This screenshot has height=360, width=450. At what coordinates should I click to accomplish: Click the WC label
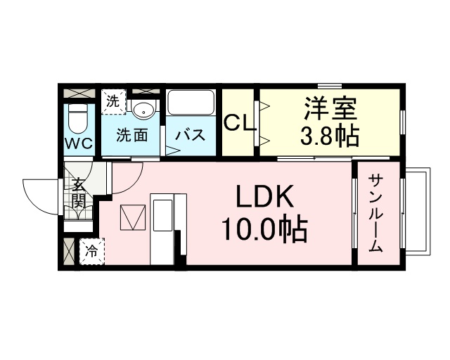79,144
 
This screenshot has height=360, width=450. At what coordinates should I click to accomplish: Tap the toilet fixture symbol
78,119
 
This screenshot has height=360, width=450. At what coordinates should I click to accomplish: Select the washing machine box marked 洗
114,102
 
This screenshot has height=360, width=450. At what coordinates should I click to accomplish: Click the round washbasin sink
143,110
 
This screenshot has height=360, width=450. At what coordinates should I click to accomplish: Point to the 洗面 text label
131,134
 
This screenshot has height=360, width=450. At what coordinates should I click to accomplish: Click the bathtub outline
191,103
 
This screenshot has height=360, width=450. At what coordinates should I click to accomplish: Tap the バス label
191,134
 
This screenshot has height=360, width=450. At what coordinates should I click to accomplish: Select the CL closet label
239,123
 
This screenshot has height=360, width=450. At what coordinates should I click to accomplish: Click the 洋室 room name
330,108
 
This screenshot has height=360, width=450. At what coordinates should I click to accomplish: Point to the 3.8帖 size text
330,136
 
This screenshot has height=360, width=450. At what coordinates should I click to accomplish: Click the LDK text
264,196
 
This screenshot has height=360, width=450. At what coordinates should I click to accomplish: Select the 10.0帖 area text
264,229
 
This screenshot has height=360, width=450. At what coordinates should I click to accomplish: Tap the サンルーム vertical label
375,213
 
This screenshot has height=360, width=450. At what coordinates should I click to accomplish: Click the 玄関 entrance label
78,193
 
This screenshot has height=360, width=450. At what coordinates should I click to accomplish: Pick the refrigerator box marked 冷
92,252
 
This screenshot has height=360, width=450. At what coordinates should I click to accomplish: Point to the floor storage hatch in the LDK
133,217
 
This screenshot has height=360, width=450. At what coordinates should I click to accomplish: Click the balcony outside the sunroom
418,211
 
